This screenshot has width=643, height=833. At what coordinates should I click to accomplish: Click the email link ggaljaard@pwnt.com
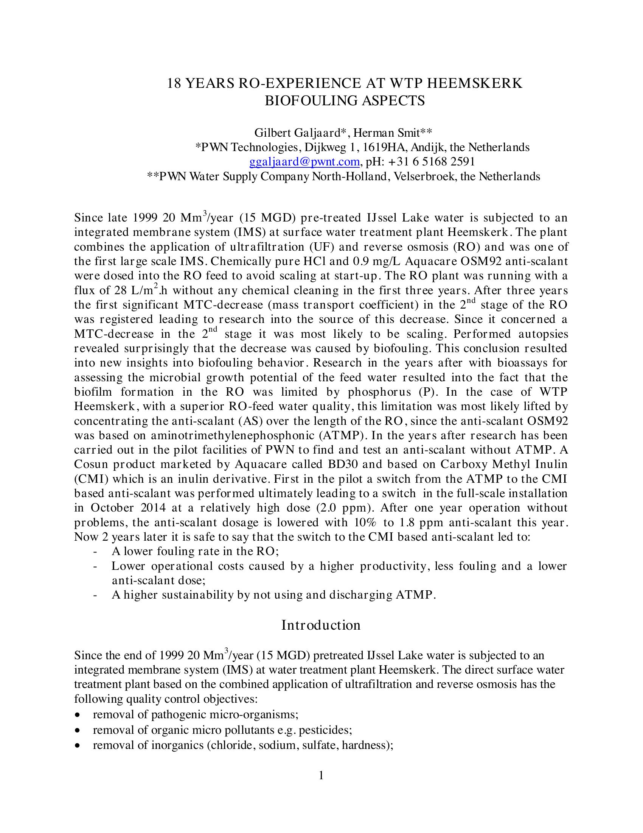coord(304,162)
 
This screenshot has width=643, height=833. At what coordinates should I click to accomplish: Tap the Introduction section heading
coord(321,625)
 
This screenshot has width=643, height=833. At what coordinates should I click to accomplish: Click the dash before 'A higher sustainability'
coord(95,595)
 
